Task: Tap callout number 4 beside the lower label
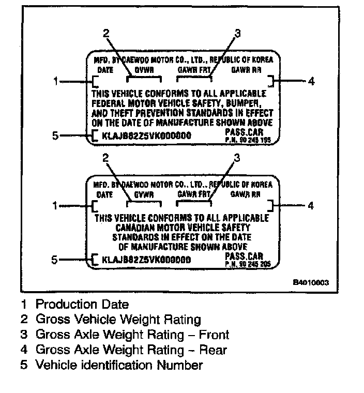311,206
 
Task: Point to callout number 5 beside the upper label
56,136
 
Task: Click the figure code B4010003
311,283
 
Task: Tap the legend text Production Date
82,305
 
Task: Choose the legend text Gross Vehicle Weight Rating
118,320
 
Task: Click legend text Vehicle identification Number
119,365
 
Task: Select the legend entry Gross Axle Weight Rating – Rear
131,350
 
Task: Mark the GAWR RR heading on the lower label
246,195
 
